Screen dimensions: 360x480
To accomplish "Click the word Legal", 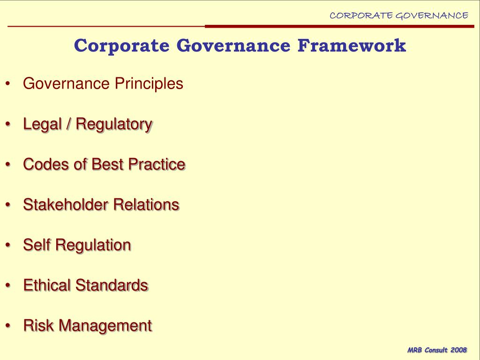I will click(43, 124).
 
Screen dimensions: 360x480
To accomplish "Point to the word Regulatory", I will click(114, 124).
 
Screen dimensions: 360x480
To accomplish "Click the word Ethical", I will click(47, 285).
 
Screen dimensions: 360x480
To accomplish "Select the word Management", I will click(105, 325).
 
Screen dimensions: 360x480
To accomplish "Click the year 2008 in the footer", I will click(458, 350).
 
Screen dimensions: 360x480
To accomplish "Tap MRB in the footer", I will click(415, 350).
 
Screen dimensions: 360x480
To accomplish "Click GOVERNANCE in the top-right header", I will click(432, 15).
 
